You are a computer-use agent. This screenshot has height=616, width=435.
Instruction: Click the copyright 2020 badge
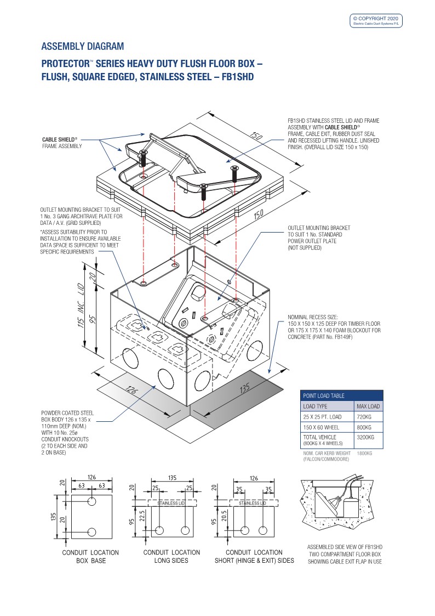376,21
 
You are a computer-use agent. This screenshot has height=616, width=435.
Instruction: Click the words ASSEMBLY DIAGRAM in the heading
82,47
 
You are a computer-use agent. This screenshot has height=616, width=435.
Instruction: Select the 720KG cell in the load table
364,417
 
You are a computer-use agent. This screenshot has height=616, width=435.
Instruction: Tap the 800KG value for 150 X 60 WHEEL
364,427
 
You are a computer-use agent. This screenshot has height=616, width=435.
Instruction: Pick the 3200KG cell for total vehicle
365,437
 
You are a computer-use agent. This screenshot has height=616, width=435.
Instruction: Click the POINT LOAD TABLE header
324,395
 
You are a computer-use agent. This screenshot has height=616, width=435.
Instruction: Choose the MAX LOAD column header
368,406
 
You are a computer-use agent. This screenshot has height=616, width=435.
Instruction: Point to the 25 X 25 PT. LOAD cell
322,417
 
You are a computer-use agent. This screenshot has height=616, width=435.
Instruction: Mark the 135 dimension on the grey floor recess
245,388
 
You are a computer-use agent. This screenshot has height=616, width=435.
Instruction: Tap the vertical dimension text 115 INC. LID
81,305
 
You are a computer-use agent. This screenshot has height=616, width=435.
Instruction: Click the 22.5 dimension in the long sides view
142,515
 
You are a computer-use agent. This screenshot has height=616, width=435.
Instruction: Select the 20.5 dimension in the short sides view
224,515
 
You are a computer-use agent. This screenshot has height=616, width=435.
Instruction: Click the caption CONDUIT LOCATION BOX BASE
90,556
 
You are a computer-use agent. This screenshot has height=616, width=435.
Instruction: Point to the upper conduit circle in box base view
92,501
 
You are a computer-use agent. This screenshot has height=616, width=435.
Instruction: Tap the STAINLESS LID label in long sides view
171,503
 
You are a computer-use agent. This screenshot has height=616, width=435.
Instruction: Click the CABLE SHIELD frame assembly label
62,143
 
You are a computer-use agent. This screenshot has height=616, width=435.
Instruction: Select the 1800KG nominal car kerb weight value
364,453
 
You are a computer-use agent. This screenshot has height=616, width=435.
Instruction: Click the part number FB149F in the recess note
344,337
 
